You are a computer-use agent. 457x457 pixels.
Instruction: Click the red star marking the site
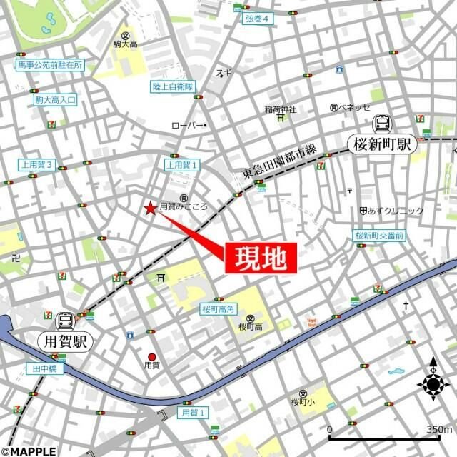pyautogui.click(x=150, y=209)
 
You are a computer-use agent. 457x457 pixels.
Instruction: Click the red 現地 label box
pyautogui.click(x=261, y=258)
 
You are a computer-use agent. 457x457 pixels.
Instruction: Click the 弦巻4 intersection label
pyautogui.click(x=256, y=19)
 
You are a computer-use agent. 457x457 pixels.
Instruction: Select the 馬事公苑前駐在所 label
pyautogui.click(x=51, y=65)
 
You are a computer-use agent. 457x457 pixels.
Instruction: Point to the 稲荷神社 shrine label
pyautogui.click(x=280, y=109)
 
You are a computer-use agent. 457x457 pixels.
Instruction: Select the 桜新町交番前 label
pyautogui.click(x=379, y=235)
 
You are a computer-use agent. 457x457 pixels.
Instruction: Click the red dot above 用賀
pyautogui.click(x=151, y=357)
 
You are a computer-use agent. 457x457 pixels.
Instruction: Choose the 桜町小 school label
pyautogui.click(x=303, y=402)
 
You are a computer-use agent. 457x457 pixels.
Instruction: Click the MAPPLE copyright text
pyautogui.click(x=29, y=451)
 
